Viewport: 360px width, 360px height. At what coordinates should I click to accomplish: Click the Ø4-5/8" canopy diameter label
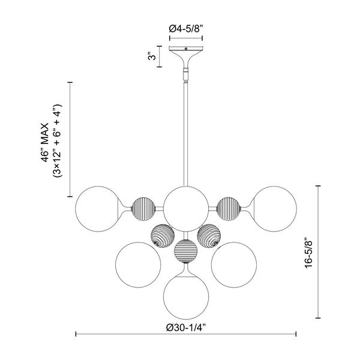[x=186, y=29]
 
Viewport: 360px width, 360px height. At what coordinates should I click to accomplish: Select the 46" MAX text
[x=45, y=142]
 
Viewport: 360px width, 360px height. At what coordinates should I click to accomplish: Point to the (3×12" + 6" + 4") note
[x=58, y=141]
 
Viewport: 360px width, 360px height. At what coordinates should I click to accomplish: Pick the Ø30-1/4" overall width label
[x=186, y=328]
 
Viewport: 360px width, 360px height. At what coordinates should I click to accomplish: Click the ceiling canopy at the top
[x=186, y=57]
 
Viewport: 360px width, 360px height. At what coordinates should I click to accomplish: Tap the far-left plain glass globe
[x=98, y=209]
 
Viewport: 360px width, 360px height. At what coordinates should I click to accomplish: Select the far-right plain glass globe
[x=274, y=209]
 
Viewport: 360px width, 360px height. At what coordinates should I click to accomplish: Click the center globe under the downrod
[x=186, y=209]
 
